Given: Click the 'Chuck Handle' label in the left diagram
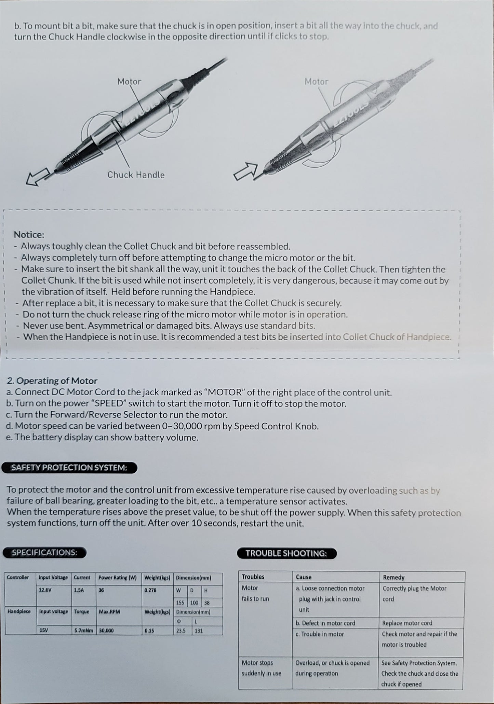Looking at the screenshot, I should pyautogui.click(x=136, y=175).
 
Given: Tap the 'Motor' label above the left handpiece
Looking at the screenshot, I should pyautogui.click(x=129, y=82).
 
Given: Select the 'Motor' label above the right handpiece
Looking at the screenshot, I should pyautogui.click(x=316, y=82).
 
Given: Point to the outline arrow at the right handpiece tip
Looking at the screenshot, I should pyautogui.click(x=245, y=171).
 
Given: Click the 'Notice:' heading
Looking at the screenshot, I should pyautogui.click(x=29, y=235).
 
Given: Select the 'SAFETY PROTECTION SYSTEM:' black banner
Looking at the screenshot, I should pyautogui.click(x=69, y=468).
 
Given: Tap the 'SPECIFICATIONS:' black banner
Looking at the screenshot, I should pyautogui.click(x=44, y=552).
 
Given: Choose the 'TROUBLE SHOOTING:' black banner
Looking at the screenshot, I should pyautogui.click(x=286, y=553).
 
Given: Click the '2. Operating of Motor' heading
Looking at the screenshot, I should pyautogui.click(x=52, y=381).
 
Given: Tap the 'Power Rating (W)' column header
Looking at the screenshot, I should pyautogui.click(x=118, y=578).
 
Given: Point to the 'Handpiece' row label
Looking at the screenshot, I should pyautogui.click(x=19, y=611).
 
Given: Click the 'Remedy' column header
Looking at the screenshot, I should pyautogui.click(x=393, y=577).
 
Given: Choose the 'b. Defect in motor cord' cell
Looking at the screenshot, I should pyautogui.click(x=325, y=623).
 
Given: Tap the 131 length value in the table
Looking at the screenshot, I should pyautogui.click(x=199, y=631).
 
